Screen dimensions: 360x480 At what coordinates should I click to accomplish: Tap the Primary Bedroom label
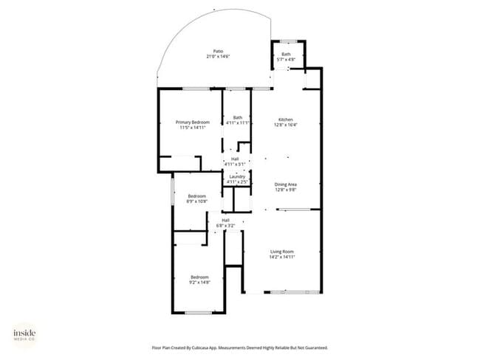tap(192, 122)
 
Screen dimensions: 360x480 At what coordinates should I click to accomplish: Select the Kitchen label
tap(286, 120)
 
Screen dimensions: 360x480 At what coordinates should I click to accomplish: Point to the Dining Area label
tap(286, 184)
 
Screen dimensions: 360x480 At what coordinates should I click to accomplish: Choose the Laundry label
tap(237, 176)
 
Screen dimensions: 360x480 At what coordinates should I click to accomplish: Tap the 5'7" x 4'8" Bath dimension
tap(286, 59)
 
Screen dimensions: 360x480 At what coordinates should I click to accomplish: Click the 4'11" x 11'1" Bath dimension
tap(237, 122)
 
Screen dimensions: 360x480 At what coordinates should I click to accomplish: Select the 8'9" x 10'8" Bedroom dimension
tap(191, 201)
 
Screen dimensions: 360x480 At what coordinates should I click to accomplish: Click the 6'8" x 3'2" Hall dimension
tap(225, 225)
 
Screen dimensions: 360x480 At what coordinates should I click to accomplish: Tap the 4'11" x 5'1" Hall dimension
tap(235, 165)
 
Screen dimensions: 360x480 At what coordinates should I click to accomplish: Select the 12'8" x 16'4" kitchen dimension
tap(286, 125)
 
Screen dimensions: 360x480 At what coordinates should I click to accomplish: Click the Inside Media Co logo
tap(24, 335)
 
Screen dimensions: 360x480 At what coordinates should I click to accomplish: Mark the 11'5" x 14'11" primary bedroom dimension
tap(192, 127)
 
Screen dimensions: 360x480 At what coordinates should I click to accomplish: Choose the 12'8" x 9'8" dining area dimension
tap(286, 190)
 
